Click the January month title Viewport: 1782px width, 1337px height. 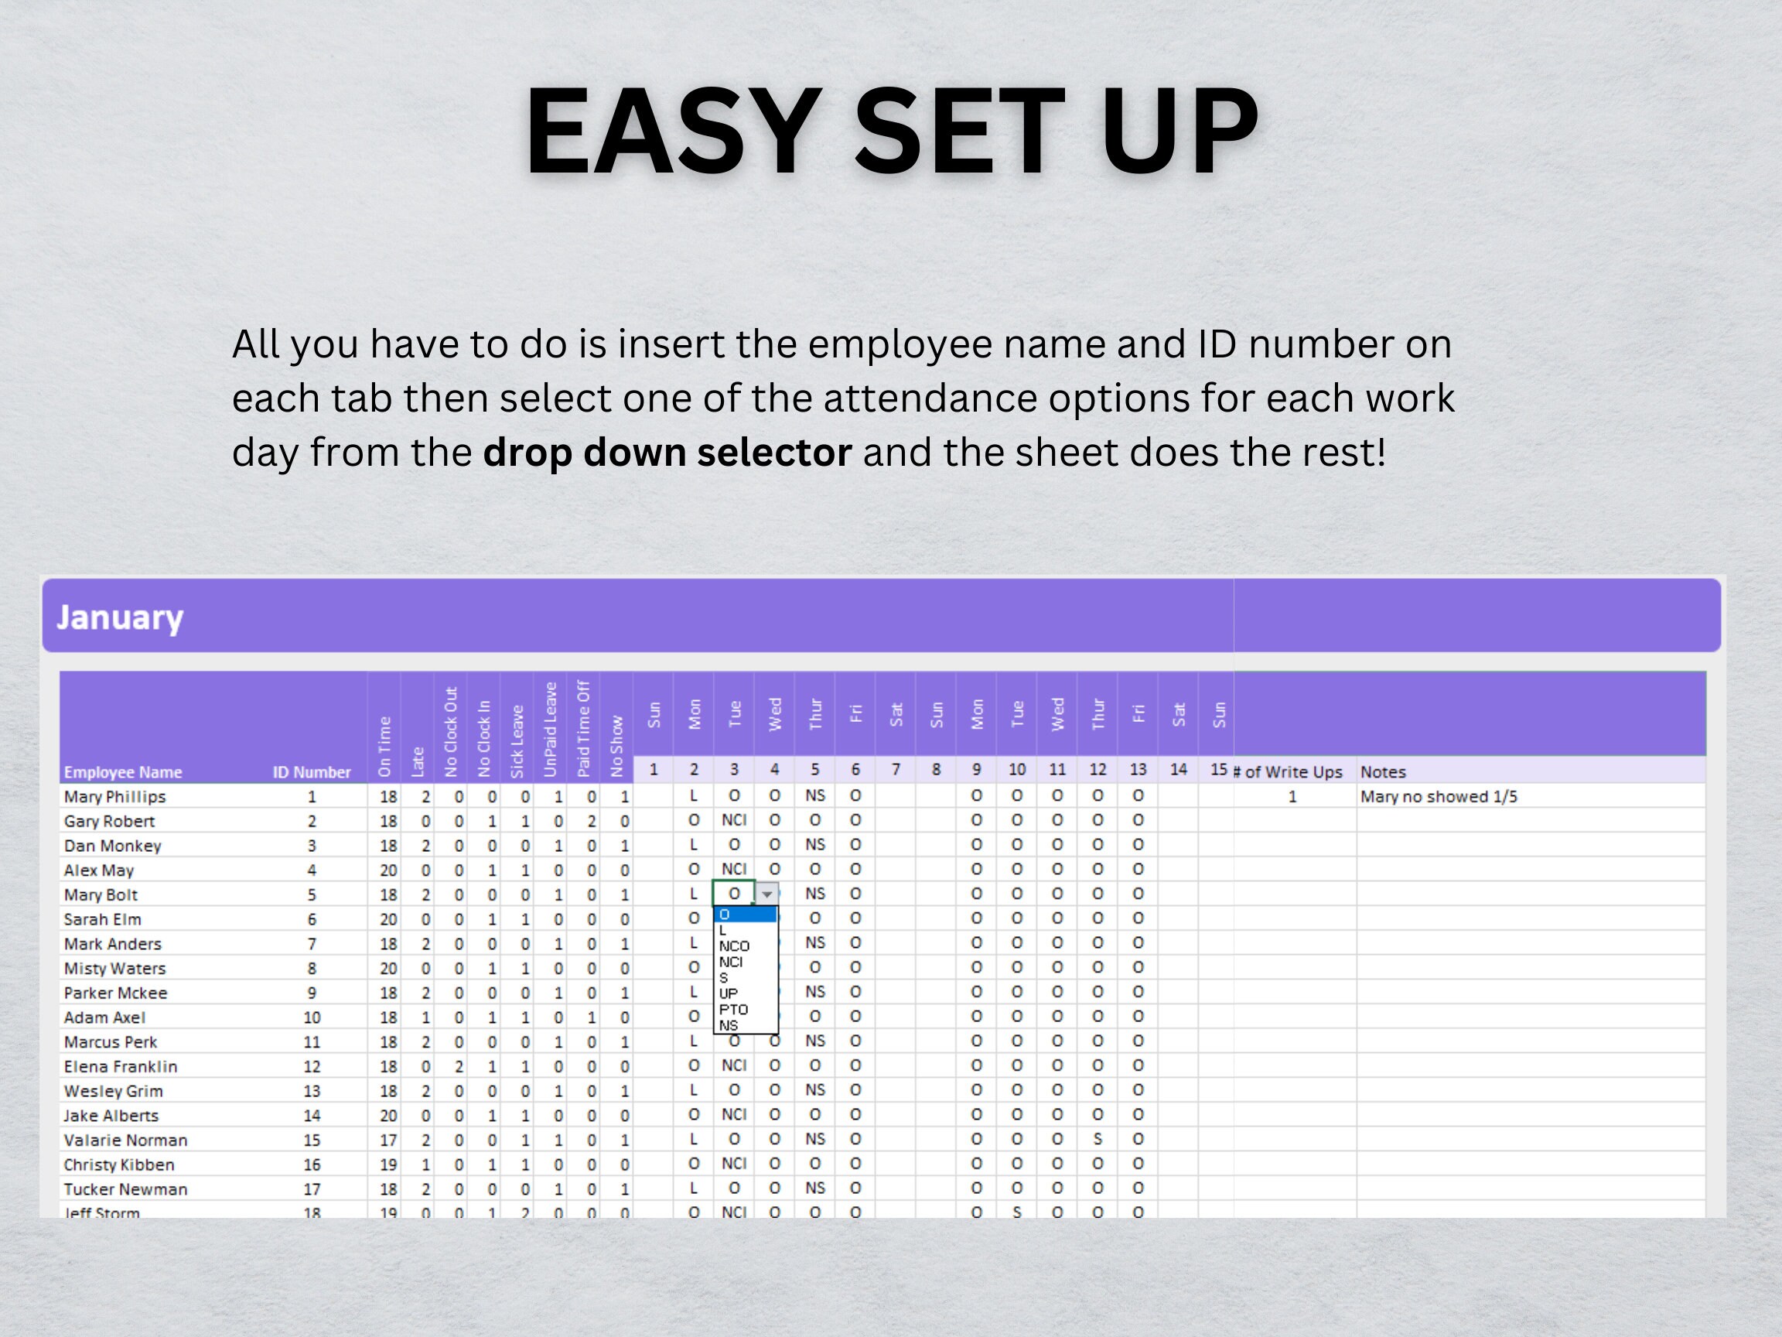point(120,617)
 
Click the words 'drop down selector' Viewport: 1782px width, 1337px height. point(667,452)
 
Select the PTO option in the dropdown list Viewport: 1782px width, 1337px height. point(733,1009)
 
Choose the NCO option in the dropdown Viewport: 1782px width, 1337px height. point(734,946)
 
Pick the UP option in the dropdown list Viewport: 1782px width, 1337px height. point(729,993)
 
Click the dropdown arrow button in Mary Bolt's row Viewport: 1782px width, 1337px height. point(768,894)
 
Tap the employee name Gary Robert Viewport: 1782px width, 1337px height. point(110,821)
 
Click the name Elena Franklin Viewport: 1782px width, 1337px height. point(121,1066)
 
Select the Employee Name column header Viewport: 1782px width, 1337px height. point(123,772)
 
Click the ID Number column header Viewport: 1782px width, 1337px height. point(312,772)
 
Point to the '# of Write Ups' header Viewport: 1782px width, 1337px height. point(1289,772)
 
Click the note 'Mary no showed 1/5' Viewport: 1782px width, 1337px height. point(1439,796)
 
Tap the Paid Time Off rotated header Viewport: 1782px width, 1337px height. point(584,729)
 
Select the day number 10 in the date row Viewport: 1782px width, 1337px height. point(1016,770)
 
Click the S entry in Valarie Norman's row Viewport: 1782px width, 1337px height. point(1098,1139)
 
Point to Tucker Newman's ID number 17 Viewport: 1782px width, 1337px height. point(312,1188)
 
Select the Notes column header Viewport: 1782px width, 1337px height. point(1383,772)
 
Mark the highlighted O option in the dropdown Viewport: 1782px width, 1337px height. point(744,915)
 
